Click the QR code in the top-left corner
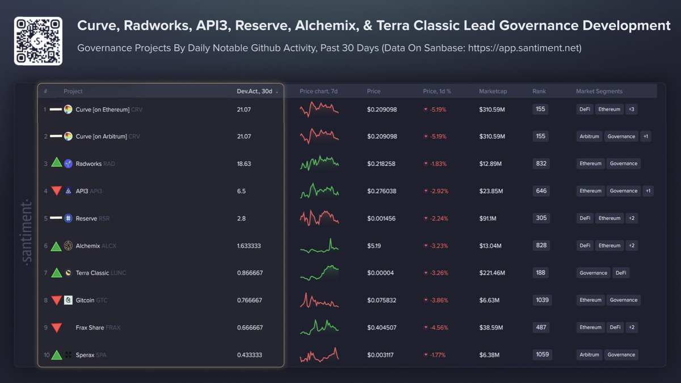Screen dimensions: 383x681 pos(38,40)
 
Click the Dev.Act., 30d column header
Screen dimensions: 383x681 pos(255,91)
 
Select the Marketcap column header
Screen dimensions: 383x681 pos(493,91)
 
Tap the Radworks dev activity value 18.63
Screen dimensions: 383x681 pos(244,164)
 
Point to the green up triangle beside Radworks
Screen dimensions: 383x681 pos(56,163)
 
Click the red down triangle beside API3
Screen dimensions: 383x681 pos(56,191)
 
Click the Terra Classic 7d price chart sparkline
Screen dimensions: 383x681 pos(319,273)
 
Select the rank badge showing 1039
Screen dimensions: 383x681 pos(541,300)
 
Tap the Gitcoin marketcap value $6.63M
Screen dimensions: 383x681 pos(490,300)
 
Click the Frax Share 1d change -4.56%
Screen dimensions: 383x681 pos(435,327)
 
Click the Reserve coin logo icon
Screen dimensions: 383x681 pos(68,218)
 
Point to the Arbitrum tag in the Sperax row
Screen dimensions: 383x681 pos(590,355)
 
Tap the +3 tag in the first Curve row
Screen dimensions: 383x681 pos(631,109)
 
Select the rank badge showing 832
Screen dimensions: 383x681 pos(541,164)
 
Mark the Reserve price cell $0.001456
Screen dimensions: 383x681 pos(382,218)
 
